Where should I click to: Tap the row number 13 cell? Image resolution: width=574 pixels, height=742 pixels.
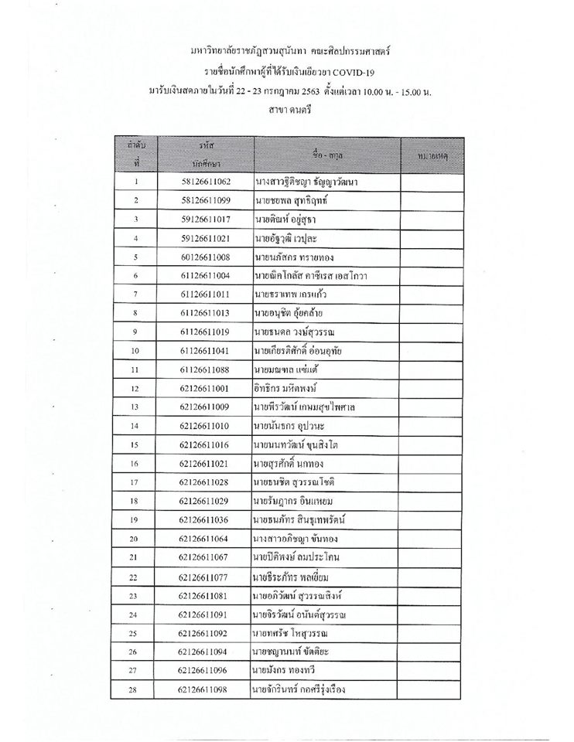[135, 407]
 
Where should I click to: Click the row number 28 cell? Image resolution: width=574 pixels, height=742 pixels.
[135, 688]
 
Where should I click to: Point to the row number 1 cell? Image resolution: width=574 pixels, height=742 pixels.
[135, 182]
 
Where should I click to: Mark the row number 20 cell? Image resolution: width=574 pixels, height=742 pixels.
[135, 538]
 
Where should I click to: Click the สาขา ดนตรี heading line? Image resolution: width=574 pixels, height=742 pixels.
[287, 111]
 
